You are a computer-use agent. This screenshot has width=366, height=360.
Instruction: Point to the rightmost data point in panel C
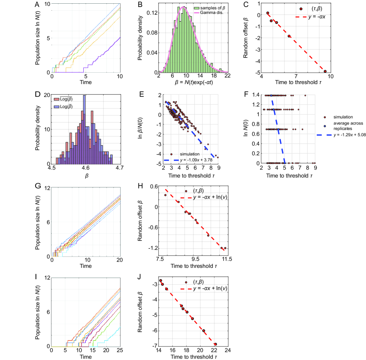325,71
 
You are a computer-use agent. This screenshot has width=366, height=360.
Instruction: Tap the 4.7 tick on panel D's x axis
119,168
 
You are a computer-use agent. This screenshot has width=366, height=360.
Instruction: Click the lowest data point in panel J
215,344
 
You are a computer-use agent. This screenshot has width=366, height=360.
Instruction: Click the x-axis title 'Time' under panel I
86,357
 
